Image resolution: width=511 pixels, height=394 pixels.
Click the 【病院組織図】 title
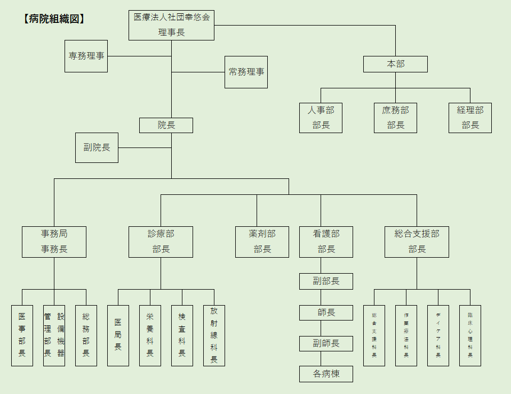click(54, 19)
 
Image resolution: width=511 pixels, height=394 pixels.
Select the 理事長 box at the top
click(171, 25)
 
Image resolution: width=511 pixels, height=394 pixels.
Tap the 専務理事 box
click(86, 56)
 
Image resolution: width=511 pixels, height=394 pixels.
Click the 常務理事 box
click(246, 72)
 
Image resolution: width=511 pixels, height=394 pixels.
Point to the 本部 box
click(395, 64)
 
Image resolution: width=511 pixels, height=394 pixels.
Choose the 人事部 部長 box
click(321, 118)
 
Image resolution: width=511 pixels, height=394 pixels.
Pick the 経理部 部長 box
click(470, 118)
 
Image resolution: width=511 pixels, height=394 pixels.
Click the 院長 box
click(166, 125)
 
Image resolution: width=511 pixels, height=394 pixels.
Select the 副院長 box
click(97, 147)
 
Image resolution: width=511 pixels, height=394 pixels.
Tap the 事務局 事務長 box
click(54, 242)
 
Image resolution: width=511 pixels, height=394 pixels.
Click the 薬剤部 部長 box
click(262, 242)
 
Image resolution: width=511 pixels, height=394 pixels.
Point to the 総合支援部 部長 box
click(417, 242)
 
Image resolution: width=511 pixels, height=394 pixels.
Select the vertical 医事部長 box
click(22, 335)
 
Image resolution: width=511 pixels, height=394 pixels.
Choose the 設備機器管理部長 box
click(54, 335)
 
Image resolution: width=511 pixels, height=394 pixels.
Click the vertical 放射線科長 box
click(214, 335)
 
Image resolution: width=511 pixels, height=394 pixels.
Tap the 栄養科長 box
click(150, 335)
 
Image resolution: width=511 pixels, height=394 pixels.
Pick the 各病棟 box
click(326, 374)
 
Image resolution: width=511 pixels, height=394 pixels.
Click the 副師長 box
click(326, 343)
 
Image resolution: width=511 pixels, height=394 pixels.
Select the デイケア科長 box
click(438, 335)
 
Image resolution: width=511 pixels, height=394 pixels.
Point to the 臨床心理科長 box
click(470, 335)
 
